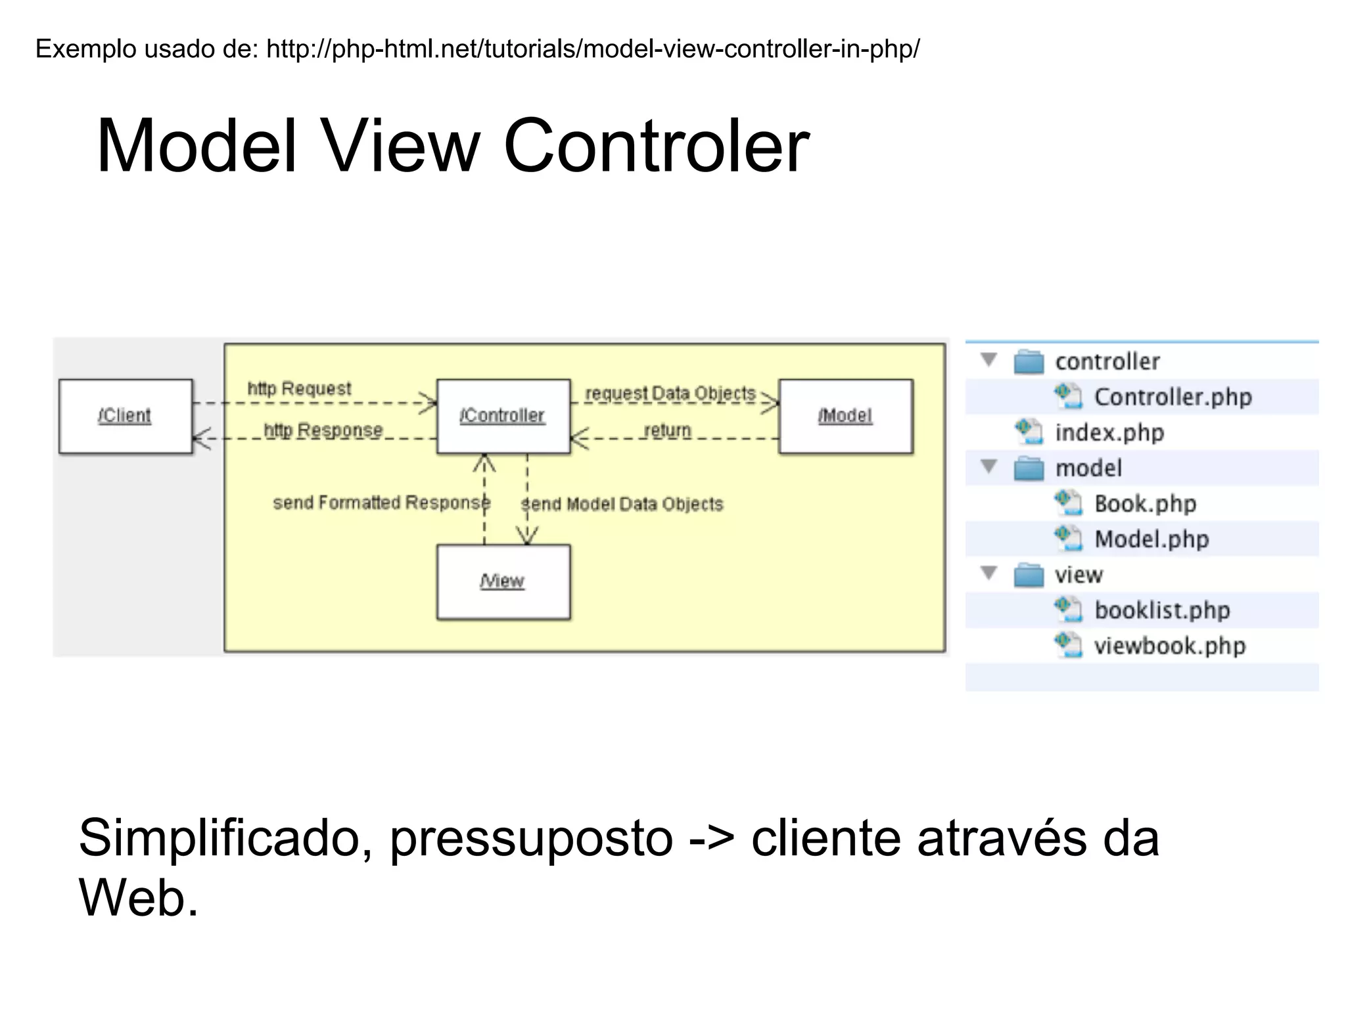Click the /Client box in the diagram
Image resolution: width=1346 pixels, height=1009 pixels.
[126, 416]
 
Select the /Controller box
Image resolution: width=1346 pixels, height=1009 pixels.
[503, 416]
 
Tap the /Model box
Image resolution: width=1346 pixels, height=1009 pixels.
[845, 416]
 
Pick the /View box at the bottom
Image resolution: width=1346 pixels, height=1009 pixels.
[503, 581]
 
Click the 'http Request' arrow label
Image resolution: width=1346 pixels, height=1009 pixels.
[299, 388]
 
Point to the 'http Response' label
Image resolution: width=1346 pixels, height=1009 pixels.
[323, 430]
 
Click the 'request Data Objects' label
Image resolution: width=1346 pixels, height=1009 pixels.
[670, 393]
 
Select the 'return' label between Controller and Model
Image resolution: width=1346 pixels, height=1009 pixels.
[668, 430]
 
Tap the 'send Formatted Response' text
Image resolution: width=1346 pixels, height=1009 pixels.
[381, 503]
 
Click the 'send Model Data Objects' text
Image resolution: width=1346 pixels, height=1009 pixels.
[622, 504]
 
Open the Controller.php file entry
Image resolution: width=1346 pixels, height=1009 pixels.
[1172, 397]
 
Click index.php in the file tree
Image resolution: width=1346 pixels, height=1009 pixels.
[1109, 432]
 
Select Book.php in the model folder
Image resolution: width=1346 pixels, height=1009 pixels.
[1145, 504]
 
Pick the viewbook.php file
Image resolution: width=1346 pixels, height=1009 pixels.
[1169, 646]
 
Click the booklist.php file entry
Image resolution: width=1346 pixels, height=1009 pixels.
[1161, 610]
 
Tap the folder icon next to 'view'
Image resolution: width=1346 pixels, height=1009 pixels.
[1029, 575]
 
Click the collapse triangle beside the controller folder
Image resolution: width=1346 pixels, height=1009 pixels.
[989, 360]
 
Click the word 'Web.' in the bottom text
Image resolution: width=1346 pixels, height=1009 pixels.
[139, 897]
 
